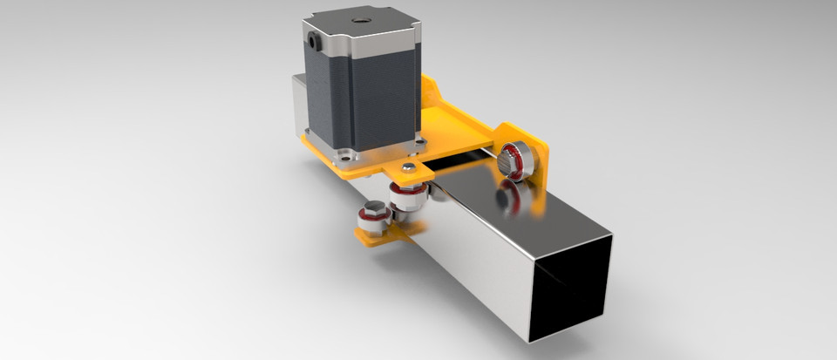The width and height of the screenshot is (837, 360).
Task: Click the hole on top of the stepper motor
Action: pos(358,17)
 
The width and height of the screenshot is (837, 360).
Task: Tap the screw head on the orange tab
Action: pos(407,166)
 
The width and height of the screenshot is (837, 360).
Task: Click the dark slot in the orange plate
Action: pos(453,160)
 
